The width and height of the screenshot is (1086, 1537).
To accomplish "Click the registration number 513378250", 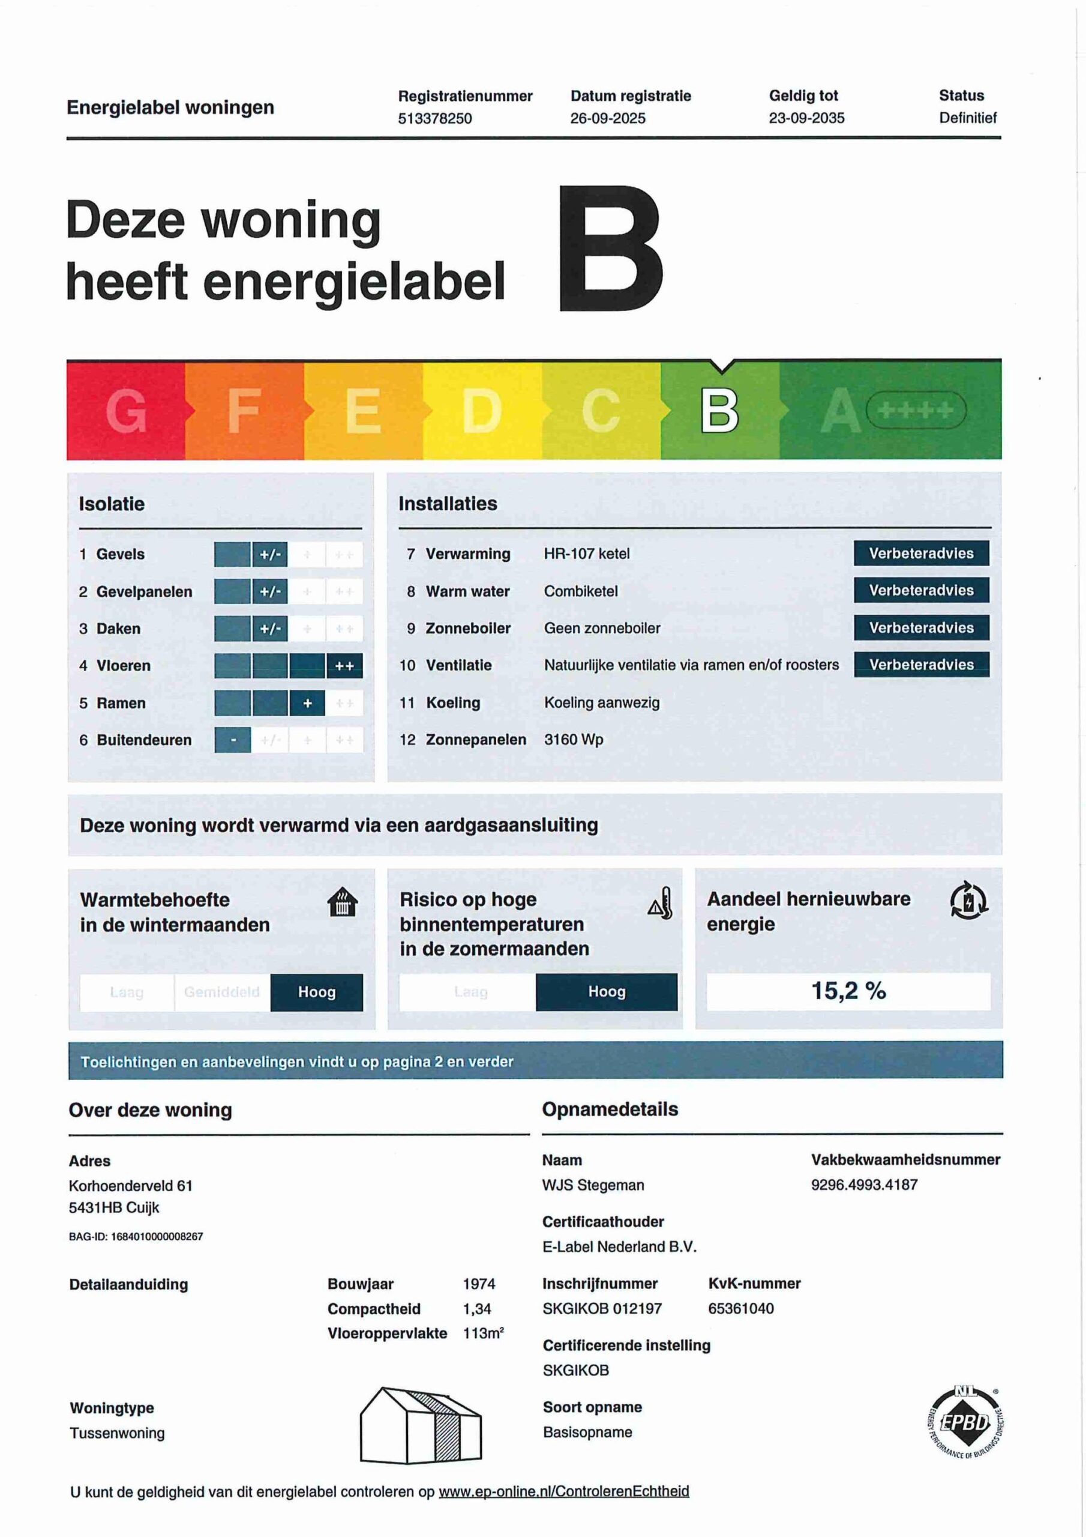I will (434, 118).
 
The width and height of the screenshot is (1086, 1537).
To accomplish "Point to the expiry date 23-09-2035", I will (806, 118).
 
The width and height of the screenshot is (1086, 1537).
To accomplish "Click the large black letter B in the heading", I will (610, 249).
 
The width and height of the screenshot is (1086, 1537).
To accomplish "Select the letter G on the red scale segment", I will (126, 410).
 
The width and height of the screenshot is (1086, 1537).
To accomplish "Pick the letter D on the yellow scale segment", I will (481, 410).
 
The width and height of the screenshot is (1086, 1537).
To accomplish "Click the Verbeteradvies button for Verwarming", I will (921, 553).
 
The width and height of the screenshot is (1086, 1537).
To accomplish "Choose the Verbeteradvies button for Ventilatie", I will (921, 664).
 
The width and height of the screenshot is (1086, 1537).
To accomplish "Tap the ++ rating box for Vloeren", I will (344, 665).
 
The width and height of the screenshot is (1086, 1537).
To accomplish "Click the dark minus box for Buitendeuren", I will (233, 740).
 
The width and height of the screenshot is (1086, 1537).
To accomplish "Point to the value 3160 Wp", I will (574, 739).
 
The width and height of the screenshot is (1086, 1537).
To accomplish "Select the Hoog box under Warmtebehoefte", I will (316, 991).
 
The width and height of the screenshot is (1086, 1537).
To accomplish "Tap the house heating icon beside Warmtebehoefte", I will (342, 902).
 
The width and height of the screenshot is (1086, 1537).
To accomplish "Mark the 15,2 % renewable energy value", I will (848, 990).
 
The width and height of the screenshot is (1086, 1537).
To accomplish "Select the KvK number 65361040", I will (741, 1308).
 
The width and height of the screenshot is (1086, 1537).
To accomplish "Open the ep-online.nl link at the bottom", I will (563, 1491).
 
